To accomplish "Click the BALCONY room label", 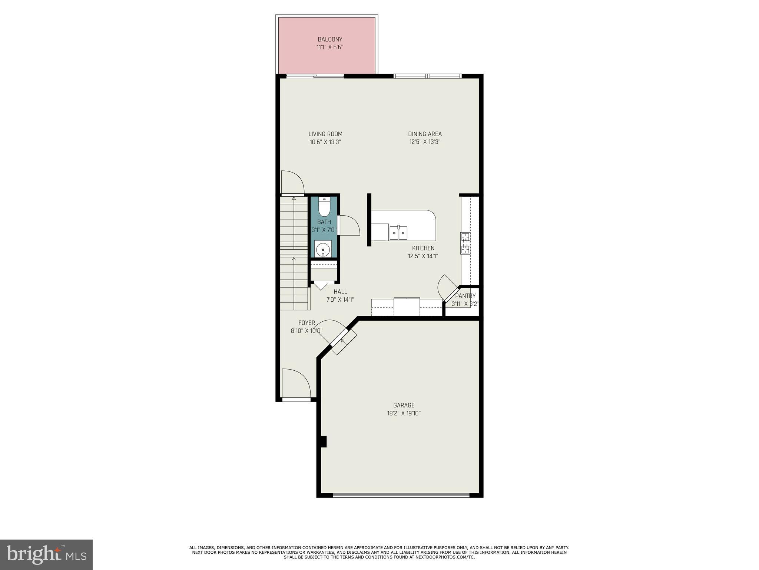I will [330, 39].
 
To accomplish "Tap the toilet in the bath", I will [324, 207].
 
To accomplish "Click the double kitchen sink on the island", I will [398, 233].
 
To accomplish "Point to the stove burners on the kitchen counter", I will [465, 243].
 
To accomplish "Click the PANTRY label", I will [465, 296].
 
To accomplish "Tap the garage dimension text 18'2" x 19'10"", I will [404, 413].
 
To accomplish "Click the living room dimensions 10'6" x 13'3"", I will [325, 142].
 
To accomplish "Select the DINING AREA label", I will [425, 134].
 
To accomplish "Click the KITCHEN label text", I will [423, 248].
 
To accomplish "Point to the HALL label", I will [340, 292].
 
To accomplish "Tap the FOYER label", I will [306, 323].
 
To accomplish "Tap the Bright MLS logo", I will [46, 555].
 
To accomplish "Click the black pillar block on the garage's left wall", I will [323, 442].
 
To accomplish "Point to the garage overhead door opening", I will [401, 495].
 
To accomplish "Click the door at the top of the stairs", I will [293, 183].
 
